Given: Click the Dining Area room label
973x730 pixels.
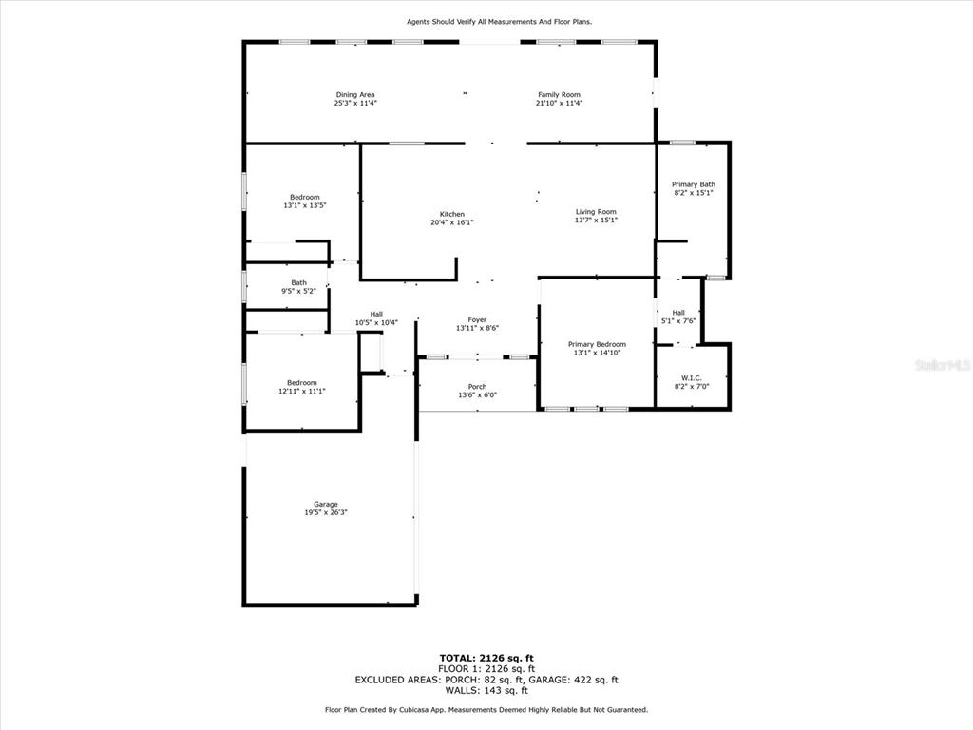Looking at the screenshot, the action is pos(355,95).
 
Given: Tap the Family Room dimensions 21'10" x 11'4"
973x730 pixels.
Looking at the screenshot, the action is pos(559,103).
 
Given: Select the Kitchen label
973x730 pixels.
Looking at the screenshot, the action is pos(451,214).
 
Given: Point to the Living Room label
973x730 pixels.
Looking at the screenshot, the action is pos(596,212).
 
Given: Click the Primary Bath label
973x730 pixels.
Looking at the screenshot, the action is pos(693,184).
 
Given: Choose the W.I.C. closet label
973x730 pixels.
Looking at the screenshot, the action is pos(692,378).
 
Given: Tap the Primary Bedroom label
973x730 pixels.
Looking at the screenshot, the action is pos(597,344).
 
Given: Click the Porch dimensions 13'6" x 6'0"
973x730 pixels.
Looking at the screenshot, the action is pos(477,394).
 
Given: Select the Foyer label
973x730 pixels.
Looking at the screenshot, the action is pos(477,319).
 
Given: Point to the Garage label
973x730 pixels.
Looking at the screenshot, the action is pos(326,505).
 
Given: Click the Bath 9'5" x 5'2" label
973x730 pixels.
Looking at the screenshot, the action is pos(298,287).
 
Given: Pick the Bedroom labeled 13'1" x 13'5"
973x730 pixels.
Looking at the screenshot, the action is pos(305,202).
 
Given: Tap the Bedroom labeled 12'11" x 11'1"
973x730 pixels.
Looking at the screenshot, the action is pos(302,387).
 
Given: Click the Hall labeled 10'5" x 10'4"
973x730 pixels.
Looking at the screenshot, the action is pos(376,318).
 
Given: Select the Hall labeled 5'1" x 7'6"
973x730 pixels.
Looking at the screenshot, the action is pos(678,317).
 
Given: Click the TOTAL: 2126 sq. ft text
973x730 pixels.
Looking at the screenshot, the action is pos(486,658).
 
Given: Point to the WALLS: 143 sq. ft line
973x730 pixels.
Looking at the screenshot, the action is pos(486,690).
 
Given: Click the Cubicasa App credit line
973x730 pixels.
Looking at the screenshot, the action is pos(486,709).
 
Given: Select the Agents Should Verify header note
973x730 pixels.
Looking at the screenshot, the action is pos(500,22).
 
